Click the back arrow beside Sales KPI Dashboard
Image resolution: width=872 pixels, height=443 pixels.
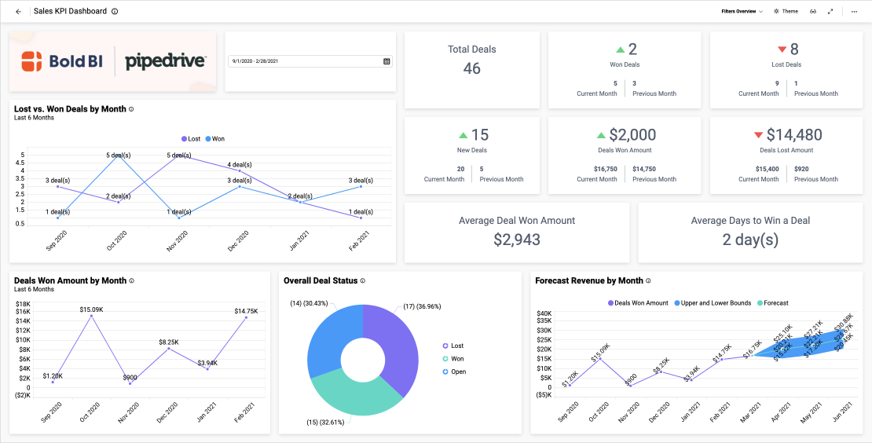[x=18, y=12]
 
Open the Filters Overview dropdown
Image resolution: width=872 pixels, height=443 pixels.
[x=742, y=12]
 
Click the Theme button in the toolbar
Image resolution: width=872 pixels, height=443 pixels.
[x=786, y=12]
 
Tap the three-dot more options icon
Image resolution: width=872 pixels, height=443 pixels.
[x=855, y=12]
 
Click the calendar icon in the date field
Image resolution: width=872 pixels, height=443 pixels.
[x=387, y=61]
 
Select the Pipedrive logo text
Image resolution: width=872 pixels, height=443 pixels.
[x=166, y=61]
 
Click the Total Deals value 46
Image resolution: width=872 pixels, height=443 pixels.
[x=471, y=68]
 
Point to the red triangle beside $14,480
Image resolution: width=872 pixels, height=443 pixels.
[x=758, y=135]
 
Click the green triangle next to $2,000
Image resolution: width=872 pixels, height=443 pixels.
[x=601, y=135]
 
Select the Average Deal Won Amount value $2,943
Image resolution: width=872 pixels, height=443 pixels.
[x=517, y=240]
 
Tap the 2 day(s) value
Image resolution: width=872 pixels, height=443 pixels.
[x=750, y=240]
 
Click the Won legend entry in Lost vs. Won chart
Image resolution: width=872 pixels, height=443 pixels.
[x=214, y=139]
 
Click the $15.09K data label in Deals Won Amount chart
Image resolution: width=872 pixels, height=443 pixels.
[x=91, y=309]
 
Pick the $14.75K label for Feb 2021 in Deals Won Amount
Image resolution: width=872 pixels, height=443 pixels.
[x=246, y=311]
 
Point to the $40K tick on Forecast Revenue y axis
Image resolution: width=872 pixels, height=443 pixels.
[x=544, y=314]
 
